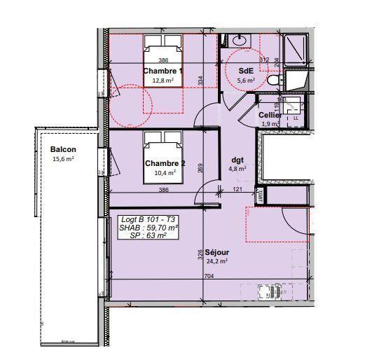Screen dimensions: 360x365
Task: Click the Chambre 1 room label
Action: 163,71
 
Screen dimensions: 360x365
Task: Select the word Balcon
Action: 63,150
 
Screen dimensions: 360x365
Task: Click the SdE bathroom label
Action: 245,71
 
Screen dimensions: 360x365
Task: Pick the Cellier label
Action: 270,115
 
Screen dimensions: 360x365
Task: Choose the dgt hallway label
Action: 237,159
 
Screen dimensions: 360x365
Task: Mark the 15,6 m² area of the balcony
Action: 63,159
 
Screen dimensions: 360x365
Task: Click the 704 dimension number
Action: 208,277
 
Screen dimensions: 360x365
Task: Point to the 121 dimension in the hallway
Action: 237,190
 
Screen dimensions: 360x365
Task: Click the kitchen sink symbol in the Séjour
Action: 267,291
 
